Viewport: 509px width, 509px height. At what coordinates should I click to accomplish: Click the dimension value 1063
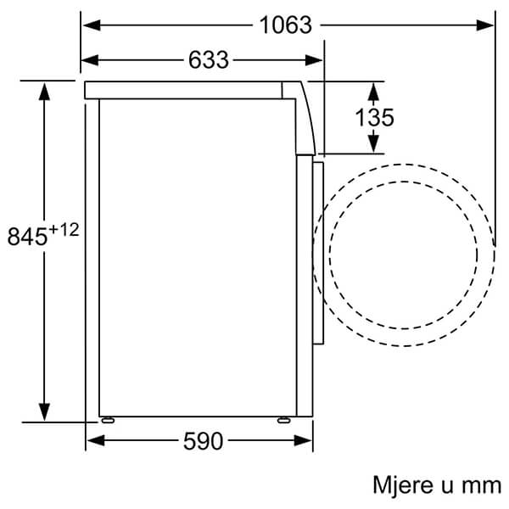pos(286,25)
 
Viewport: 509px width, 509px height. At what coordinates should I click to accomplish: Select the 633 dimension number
pos(209,60)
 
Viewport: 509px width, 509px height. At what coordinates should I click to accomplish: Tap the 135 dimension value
pos(375,117)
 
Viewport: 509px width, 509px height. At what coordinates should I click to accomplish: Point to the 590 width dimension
pos(204,441)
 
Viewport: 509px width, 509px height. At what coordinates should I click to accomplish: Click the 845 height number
pos(27,237)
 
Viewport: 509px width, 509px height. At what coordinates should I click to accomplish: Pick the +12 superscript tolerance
pos(64,230)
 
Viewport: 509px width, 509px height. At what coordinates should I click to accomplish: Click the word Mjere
pos(403,485)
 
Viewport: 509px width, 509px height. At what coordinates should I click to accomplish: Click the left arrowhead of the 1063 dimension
pos(92,25)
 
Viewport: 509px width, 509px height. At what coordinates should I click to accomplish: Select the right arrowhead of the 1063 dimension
pos(484,25)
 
